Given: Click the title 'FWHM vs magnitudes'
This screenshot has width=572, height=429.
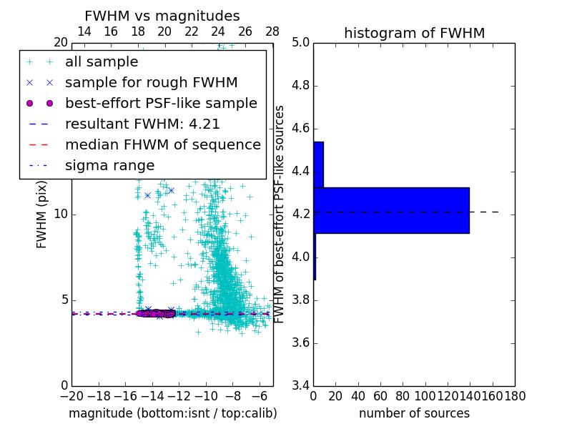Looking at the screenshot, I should click(x=162, y=16).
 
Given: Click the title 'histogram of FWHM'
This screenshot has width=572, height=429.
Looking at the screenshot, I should click(x=414, y=33).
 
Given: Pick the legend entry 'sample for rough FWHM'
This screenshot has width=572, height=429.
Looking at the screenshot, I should click(x=151, y=82).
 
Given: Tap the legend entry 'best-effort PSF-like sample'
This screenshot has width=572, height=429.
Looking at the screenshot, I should click(x=161, y=103).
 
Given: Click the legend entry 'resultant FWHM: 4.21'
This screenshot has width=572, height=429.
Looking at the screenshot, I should click(x=142, y=124).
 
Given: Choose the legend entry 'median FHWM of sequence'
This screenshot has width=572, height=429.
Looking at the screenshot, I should click(x=163, y=144).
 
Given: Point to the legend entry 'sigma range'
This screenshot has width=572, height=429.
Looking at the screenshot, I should click(x=109, y=165).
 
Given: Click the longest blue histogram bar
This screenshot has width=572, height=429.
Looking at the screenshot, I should click(x=391, y=210).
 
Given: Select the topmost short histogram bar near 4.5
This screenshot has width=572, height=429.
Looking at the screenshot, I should click(x=318, y=164).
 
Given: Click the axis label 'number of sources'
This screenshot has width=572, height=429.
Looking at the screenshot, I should click(x=414, y=413).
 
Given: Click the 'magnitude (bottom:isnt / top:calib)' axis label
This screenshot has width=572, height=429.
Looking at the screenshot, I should click(x=172, y=413).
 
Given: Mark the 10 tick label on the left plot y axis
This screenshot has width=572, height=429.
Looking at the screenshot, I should click(x=60, y=214).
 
